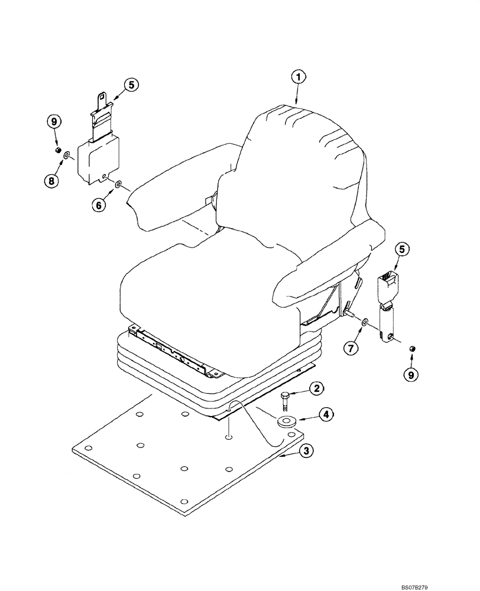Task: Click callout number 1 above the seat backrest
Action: (299, 77)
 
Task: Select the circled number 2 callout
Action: (317, 388)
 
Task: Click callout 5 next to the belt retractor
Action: (131, 85)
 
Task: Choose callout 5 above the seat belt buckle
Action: (401, 249)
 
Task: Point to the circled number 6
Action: (98, 204)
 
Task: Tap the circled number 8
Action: (53, 180)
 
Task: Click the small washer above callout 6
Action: (118, 184)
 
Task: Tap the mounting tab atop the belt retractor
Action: (101, 98)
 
